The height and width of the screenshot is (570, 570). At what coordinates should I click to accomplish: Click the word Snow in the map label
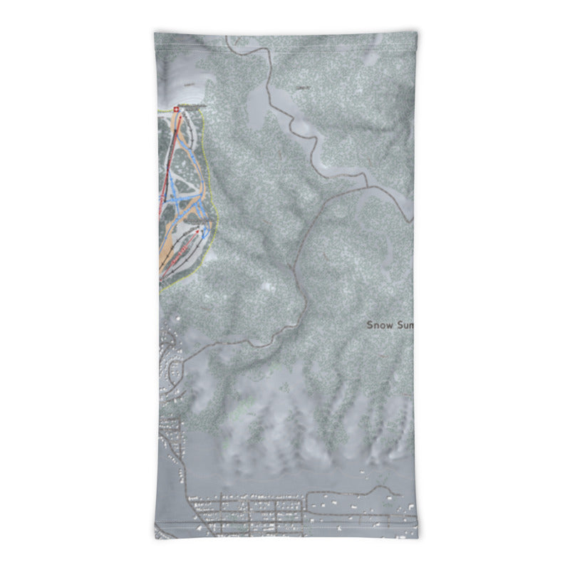[x=378, y=325]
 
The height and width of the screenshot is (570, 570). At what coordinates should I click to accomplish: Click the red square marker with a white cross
[x=176, y=109]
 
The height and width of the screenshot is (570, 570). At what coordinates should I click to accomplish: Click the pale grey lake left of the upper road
[x=256, y=107]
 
